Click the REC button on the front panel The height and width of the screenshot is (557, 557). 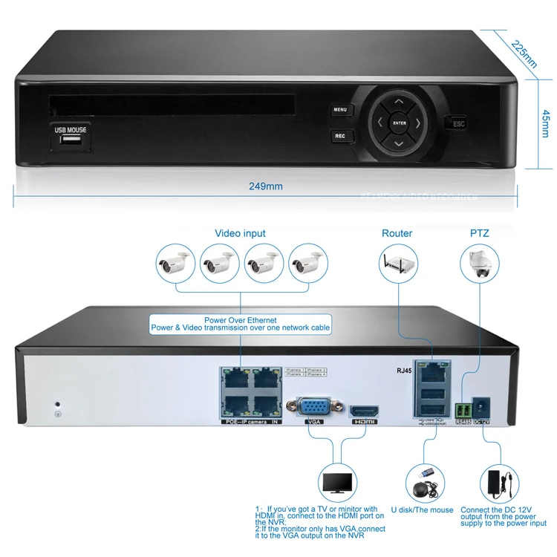(x=340, y=136)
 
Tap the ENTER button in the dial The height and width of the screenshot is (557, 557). (x=400, y=123)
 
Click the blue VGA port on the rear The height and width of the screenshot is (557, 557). (x=314, y=408)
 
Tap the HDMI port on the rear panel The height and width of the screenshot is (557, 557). (x=365, y=411)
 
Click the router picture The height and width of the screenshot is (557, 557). (x=397, y=261)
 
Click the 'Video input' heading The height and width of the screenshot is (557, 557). (x=240, y=233)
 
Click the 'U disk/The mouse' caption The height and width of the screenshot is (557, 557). (x=422, y=510)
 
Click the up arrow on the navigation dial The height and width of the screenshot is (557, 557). (x=399, y=102)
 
